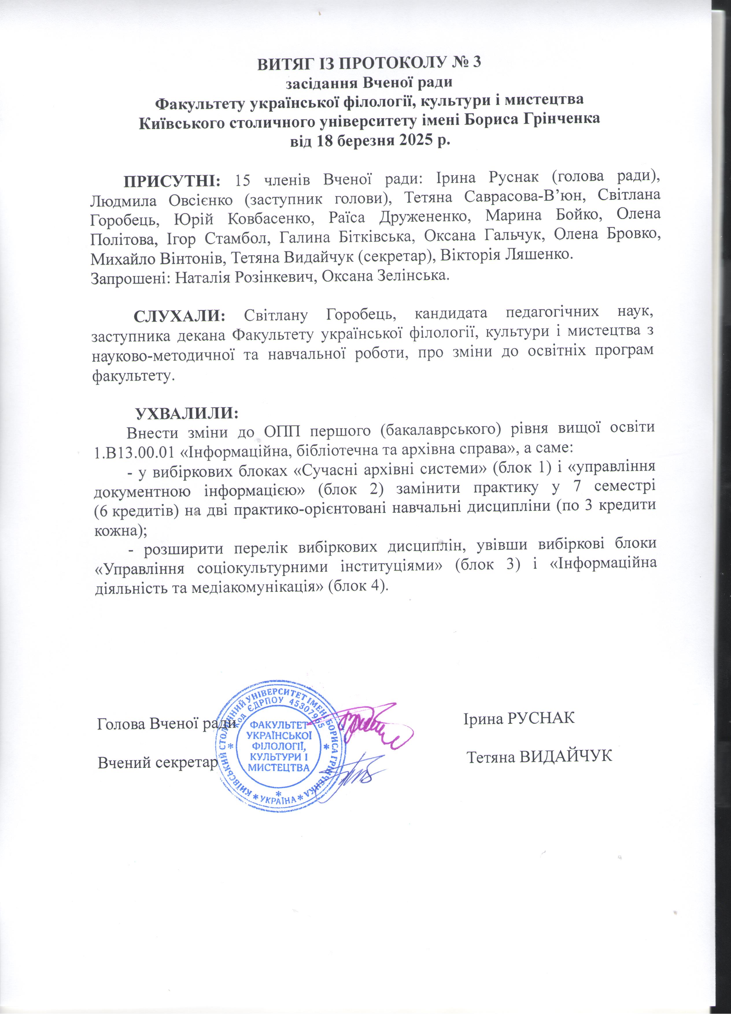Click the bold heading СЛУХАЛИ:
click(180, 316)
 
